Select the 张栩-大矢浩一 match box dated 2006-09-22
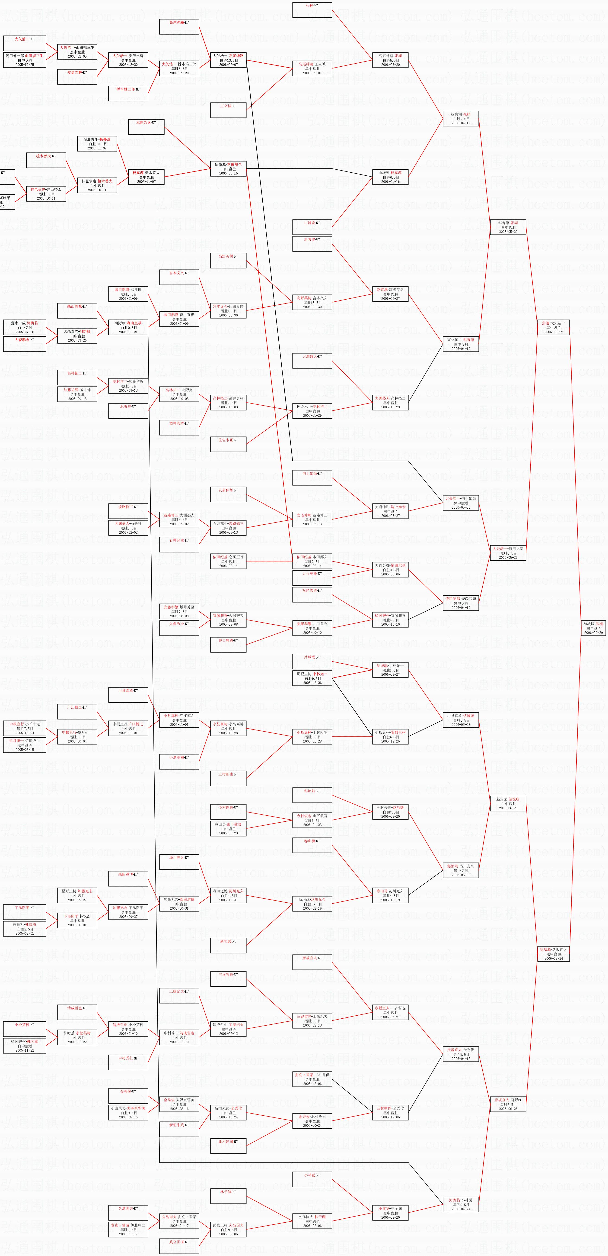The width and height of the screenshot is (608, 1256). [x=554, y=327]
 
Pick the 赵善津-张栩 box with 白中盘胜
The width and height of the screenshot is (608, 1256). [x=508, y=227]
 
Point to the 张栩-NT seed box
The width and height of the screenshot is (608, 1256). [x=312, y=10]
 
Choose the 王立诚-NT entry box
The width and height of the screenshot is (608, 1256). [x=228, y=110]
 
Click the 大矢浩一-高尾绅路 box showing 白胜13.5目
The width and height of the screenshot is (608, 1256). [x=228, y=60]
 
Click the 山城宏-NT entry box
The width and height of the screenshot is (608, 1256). [x=312, y=227]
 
